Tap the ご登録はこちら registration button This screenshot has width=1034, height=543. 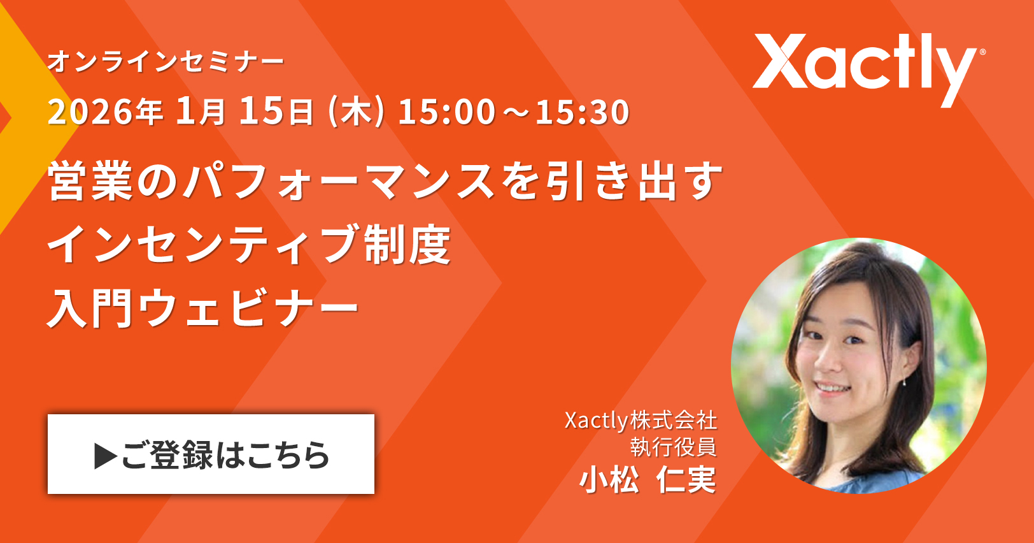pos(211,454)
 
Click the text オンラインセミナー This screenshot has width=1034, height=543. pos(166,62)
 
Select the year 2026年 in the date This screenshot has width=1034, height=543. pos(105,112)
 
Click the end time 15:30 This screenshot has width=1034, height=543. pos(583,112)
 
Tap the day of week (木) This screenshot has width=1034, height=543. pos(355,112)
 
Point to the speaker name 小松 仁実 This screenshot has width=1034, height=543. pos(648,479)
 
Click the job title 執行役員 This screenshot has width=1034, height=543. pos(674,446)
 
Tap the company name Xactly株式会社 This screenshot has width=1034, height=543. pos(641,421)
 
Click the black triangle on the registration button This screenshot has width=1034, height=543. pos(106,456)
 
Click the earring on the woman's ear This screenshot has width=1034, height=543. pos(904,382)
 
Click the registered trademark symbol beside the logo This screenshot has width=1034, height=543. pos(982,52)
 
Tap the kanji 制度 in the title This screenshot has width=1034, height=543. pos(407,244)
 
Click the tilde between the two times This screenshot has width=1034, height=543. pos(515,112)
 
